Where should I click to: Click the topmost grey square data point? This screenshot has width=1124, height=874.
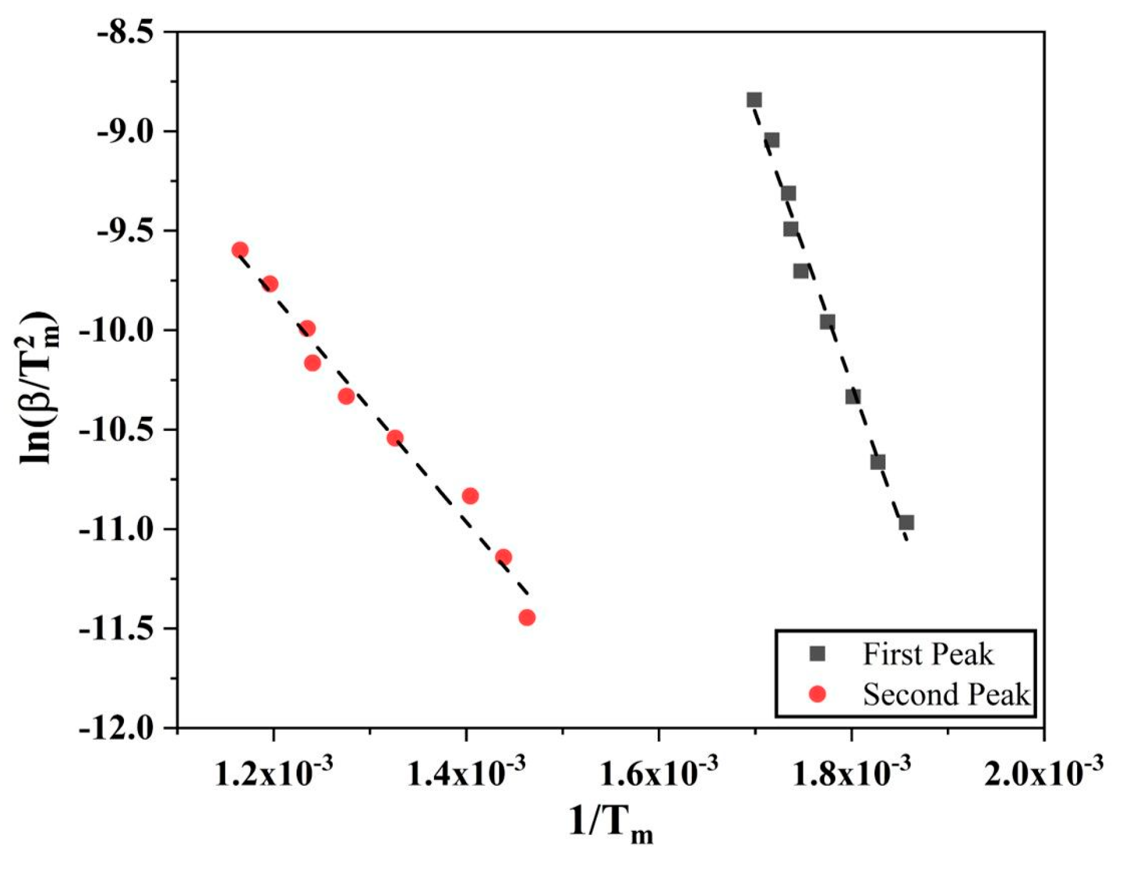point(754,100)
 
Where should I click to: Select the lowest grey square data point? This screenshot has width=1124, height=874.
point(906,523)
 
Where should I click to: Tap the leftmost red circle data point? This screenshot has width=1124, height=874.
point(240,250)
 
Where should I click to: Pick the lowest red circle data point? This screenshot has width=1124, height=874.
point(527,617)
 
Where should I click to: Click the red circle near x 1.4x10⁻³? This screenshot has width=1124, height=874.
point(470,496)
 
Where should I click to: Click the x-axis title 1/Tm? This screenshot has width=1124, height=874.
point(611,824)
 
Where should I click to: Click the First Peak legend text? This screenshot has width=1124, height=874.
point(928,655)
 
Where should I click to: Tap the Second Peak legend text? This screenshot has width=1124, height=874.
point(946,695)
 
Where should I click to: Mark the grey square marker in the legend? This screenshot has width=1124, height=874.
point(818,654)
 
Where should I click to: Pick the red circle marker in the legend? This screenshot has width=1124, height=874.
point(818,695)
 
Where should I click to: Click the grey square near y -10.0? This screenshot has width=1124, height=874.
point(827,322)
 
